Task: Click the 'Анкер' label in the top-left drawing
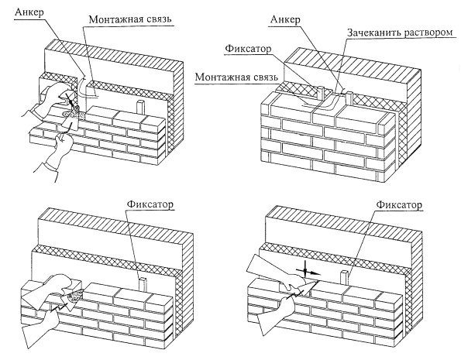[29, 12]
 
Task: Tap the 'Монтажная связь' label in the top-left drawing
[130, 19]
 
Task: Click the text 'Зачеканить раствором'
[400, 32]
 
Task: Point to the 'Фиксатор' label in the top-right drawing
[248, 49]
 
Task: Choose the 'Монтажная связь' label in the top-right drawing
[236, 77]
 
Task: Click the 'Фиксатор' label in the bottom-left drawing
[150, 204]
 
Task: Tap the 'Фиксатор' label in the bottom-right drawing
[399, 204]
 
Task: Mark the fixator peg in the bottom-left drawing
[143, 284]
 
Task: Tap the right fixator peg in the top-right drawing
[349, 98]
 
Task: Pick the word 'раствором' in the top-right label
[428, 33]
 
